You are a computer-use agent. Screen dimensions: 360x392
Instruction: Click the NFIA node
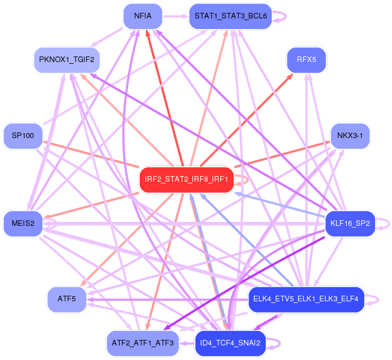coord(143,16)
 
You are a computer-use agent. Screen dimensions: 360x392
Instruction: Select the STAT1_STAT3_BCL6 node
coord(230,16)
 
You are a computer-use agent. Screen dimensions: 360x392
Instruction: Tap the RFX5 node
coord(306,59)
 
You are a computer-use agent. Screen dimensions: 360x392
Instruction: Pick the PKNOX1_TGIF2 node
coord(66,59)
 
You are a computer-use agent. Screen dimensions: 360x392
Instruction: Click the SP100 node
coord(23,136)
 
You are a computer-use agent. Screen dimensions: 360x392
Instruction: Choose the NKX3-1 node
coord(350,136)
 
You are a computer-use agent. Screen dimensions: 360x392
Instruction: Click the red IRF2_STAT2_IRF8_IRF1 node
coord(186,179)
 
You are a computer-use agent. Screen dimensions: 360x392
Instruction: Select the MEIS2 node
coord(23,224)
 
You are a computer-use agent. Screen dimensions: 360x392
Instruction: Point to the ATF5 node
coord(66,299)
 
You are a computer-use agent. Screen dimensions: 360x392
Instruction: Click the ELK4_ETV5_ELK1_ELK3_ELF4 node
coord(306,299)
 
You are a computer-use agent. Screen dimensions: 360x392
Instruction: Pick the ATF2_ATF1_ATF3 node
coord(143,343)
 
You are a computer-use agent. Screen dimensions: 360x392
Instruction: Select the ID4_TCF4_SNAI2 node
coord(230,343)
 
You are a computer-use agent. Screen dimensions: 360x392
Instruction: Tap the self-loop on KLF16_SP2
coord(384,224)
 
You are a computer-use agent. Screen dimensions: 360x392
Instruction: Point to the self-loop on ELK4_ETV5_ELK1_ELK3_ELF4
coord(375,299)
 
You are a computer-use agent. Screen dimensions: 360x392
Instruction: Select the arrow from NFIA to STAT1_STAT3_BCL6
coord(176,16)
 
